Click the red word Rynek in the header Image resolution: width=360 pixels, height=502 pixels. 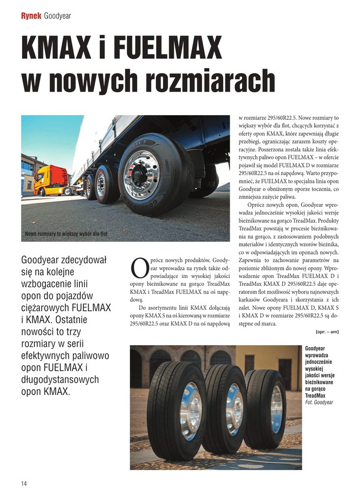31,16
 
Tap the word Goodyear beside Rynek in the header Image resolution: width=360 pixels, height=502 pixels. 58,16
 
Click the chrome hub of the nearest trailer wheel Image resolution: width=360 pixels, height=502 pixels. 141,175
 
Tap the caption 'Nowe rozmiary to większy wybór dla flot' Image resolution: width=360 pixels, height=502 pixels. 66,234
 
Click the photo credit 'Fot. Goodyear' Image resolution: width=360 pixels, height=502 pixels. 319,402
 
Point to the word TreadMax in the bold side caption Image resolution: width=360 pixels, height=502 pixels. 314,396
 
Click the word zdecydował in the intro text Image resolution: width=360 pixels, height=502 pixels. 84,259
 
